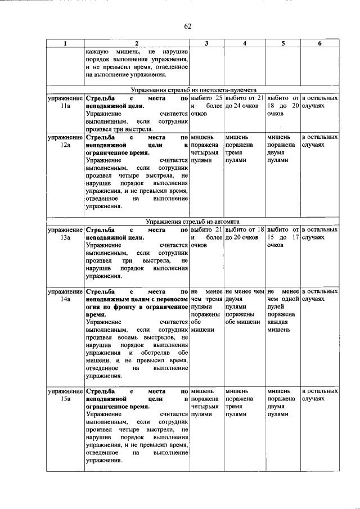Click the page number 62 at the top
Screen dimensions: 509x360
point(188,26)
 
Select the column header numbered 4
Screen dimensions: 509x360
point(244,43)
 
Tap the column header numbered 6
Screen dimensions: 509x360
point(319,43)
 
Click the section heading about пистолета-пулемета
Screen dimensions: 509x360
point(194,89)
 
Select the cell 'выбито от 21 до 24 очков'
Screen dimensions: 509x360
point(244,101)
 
